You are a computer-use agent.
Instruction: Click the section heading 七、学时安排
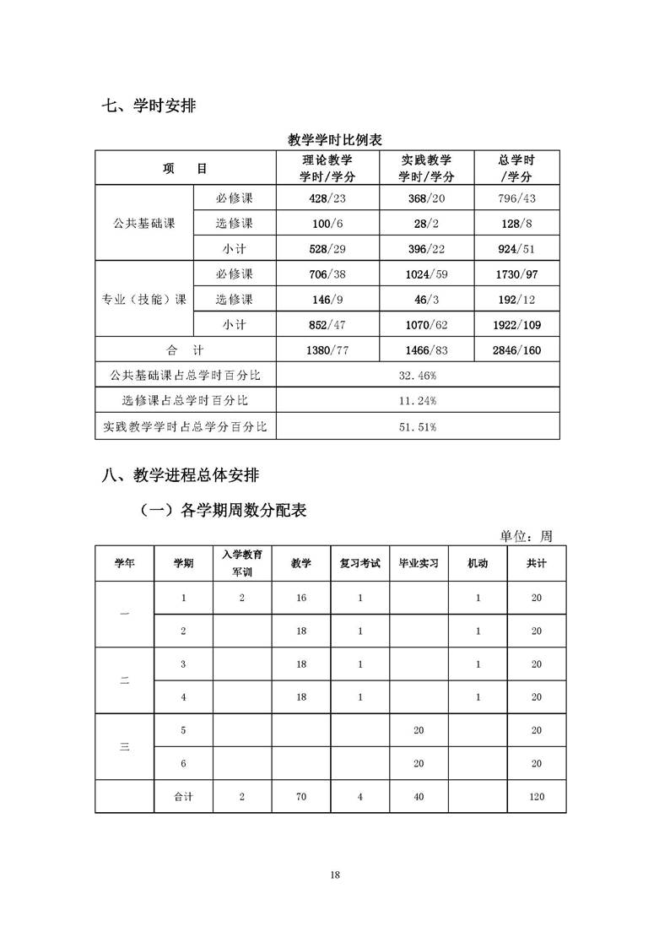click(x=149, y=106)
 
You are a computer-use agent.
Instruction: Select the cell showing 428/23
click(x=327, y=198)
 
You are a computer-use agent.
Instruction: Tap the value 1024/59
click(x=425, y=274)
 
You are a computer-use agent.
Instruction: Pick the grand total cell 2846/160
click(x=516, y=349)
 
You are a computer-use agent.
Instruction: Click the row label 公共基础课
click(x=143, y=224)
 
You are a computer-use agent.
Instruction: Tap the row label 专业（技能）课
click(x=143, y=299)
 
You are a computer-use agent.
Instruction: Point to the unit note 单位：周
click(x=526, y=536)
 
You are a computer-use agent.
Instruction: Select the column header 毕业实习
click(x=419, y=563)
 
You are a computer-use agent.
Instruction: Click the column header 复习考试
click(x=360, y=563)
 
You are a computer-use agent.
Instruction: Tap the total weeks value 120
click(x=537, y=796)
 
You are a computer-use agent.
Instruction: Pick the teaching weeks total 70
click(x=301, y=796)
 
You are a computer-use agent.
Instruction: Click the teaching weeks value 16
click(x=301, y=598)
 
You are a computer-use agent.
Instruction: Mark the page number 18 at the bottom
click(x=335, y=875)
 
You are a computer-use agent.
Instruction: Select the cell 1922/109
click(x=516, y=324)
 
